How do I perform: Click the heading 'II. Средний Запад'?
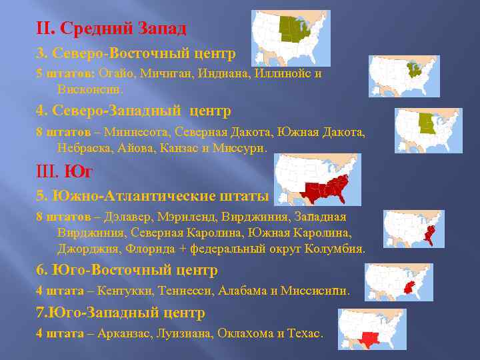point(111,29)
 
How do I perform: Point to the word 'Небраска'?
point(83,147)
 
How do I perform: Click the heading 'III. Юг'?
point(64,173)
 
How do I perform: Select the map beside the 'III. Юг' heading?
point(317,179)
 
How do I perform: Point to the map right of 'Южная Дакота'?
point(428,130)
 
